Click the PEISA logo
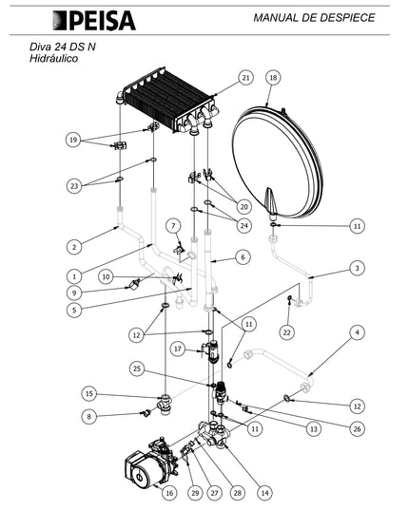tap(94, 21)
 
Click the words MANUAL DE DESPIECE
tap(314, 17)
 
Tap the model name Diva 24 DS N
tap(63, 47)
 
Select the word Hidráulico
tap(53, 59)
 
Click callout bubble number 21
tap(245, 78)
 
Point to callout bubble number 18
tap(273, 78)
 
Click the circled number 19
tap(73, 140)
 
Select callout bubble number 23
tap(74, 186)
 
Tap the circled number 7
tap(173, 226)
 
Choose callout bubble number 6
tap(243, 257)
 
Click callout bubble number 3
tap(358, 268)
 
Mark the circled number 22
tap(287, 332)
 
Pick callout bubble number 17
tap(178, 349)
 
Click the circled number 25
tap(137, 368)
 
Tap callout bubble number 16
tap(169, 493)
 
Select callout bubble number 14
tap(265, 493)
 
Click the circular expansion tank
tap(278, 162)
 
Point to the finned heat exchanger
tap(167, 102)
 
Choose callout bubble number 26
tap(358, 428)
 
